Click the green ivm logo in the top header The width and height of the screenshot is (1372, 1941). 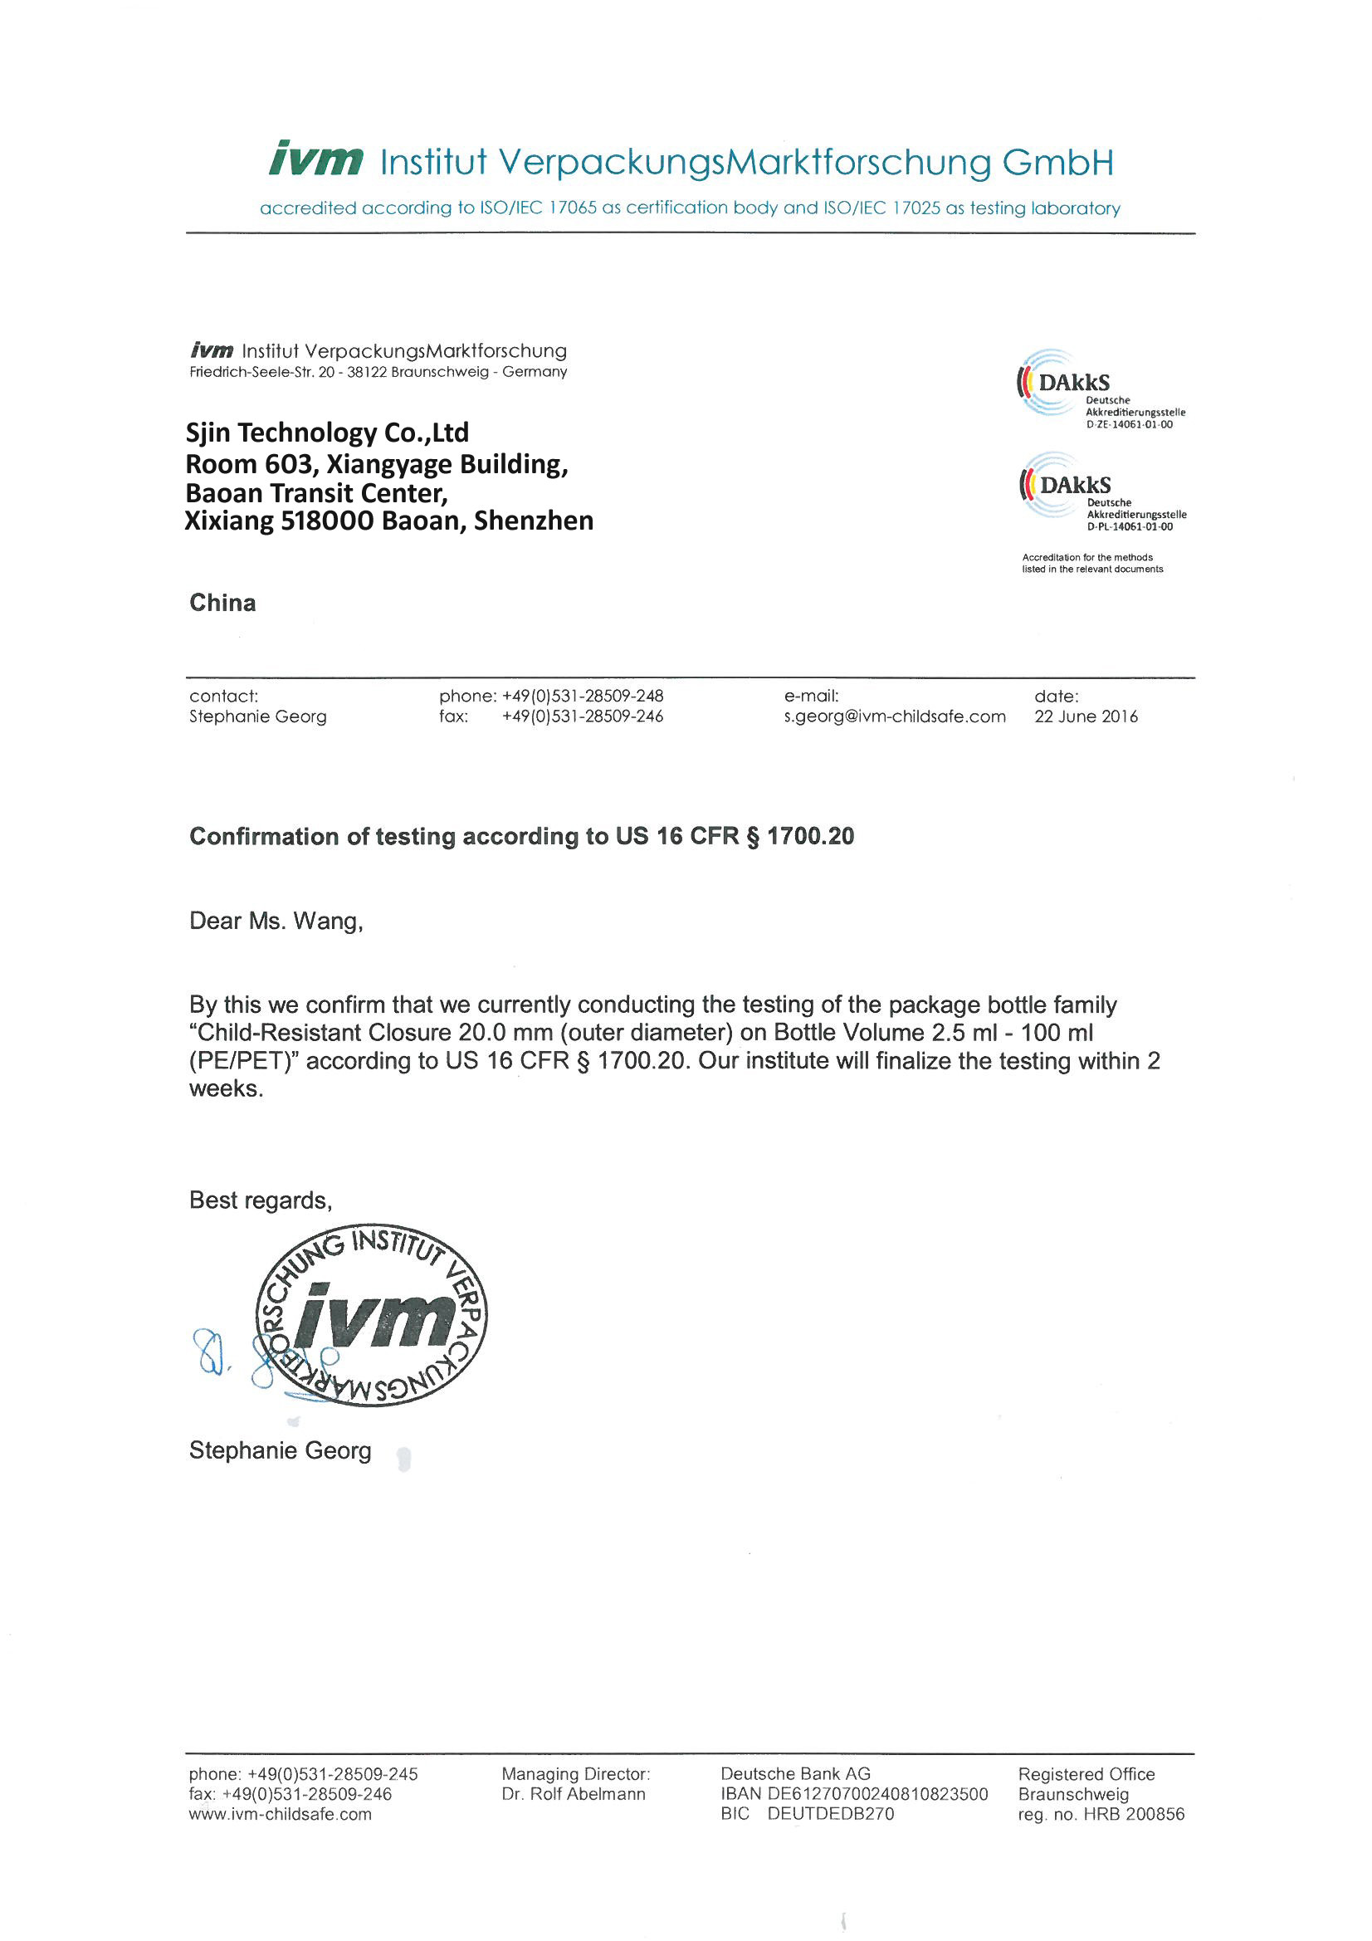pyautogui.click(x=316, y=159)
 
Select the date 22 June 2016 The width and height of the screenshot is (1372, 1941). pyautogui.click(x=1086, y=717)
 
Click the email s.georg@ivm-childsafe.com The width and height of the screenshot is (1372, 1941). pyautogui.click(x=895, y=717)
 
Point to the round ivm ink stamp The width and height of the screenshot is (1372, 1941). pyautogui.click(x=372, y=1315)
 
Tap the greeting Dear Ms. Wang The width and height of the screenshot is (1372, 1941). pyautogui.click(x=276, y=922)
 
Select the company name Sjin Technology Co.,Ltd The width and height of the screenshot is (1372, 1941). pyautogui.click(x=327, y=433)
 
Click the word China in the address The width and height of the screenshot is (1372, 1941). pyautogui.click(x=222, y=603)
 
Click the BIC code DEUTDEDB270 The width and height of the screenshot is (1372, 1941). pyautogui.click(x=830, y=1814)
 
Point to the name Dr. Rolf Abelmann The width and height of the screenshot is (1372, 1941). pyautogui.click(x=574, y=1794)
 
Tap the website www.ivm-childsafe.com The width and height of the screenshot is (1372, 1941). pyautogui.click(x=280, y=1814)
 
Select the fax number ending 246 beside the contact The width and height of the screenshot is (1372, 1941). pyautogui.click(x=583, y=717)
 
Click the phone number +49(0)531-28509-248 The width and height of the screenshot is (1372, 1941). pyautogui.click(x=583, y=697)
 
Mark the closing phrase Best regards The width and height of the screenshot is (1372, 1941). pyautogui.click(x=261, y=1200)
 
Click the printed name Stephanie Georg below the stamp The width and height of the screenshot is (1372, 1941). pyautogui.click(x=280, y=1450)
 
